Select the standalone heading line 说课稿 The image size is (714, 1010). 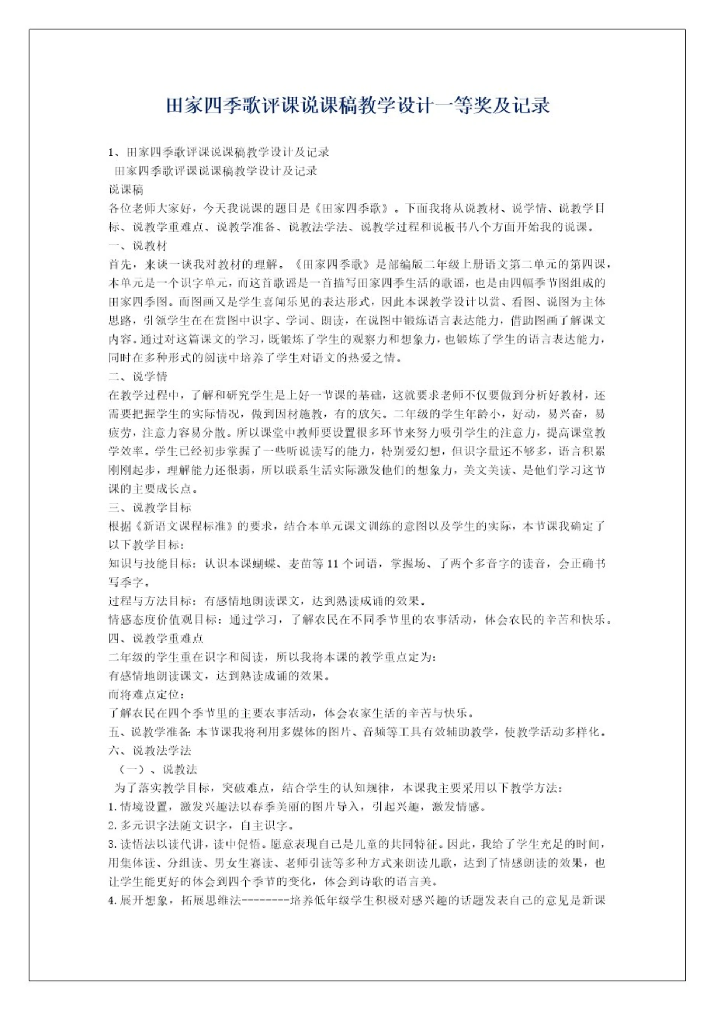tap(126, 190)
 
